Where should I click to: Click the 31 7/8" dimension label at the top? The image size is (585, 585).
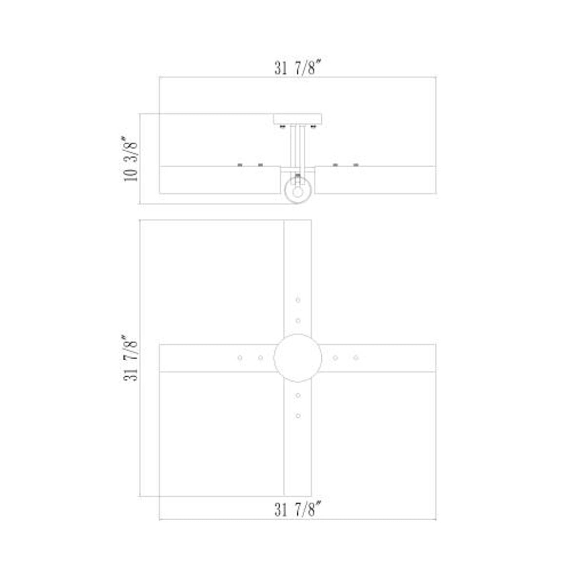[298, 68]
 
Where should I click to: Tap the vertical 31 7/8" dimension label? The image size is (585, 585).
[131, 358]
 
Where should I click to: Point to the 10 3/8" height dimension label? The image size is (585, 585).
[131, 159]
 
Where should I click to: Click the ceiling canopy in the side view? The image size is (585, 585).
[297, 119]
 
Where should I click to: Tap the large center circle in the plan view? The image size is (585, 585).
[297, 358]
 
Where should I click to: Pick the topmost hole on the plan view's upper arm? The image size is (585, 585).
[298, 300]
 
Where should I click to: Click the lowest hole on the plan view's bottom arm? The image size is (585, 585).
[298, 416]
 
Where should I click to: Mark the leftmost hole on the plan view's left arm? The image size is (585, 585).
[240, 358]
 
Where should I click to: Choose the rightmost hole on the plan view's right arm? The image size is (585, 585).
[356, 358]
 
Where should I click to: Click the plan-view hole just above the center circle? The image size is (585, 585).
[298, 321]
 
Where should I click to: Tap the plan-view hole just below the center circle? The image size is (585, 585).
[298, 395]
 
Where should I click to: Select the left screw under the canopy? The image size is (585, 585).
[282, 127]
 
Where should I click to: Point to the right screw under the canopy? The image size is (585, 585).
[313, 127]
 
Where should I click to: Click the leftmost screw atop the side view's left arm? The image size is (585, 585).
[240, 165]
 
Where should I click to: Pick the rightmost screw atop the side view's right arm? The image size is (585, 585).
[356, 165]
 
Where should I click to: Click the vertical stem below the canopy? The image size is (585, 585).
[297, 146]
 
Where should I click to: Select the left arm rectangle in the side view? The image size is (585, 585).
[219, 180]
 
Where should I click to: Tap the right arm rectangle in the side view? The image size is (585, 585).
[375, 180]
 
